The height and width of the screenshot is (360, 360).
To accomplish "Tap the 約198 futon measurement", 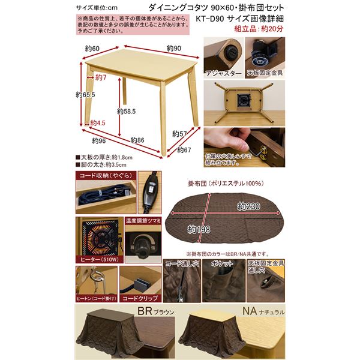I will (199, 229).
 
